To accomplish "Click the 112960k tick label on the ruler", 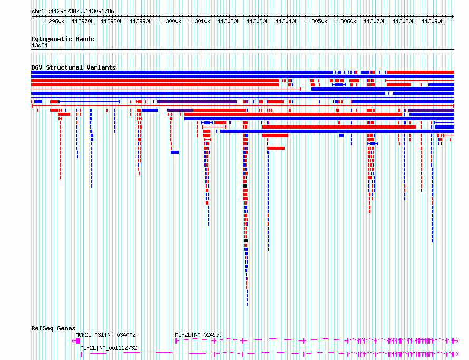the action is [53, 21].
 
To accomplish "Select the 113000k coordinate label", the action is [170, 21].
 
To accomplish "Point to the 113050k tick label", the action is [316, 21].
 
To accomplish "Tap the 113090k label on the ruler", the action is [433, 21].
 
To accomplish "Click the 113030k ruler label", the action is [258, 21].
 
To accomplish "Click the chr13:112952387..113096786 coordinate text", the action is [73, 11].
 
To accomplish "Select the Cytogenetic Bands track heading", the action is [63, 39].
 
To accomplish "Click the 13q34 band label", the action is [40, 45].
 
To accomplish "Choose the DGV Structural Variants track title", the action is [74, 67].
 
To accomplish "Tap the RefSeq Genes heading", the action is [53, 328].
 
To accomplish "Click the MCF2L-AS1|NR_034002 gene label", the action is [105, 335].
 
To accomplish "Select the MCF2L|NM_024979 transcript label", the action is [199, 335].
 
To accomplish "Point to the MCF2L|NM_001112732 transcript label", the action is [109, 348].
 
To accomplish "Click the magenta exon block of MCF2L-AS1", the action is [78, 341].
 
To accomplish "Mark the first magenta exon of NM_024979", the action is [176, 341].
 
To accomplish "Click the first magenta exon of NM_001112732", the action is [81, 354].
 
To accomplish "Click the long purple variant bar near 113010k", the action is [197, 102].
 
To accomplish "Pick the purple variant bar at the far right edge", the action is [431, 110].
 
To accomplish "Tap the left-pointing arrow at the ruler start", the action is [33, 16].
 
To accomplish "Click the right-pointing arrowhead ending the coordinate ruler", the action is [453, 16].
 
